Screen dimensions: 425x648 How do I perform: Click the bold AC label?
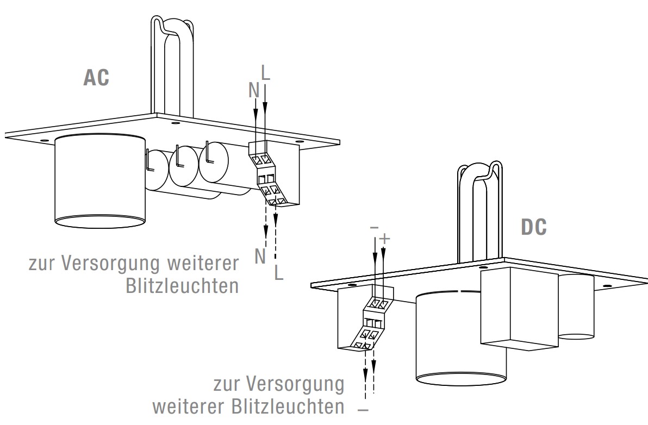pyautogui.click(x=96, y=77)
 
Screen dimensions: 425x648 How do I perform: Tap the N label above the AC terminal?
pyautogui.click(x=254, y=91)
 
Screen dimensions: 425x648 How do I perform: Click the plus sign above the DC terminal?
pyautogui.click(x=384, y=239)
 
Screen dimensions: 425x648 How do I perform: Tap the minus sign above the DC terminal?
pyautogui.click(x=374, y=228)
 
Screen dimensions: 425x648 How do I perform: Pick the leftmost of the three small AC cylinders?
pyautogui.click(x=158, y=168)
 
